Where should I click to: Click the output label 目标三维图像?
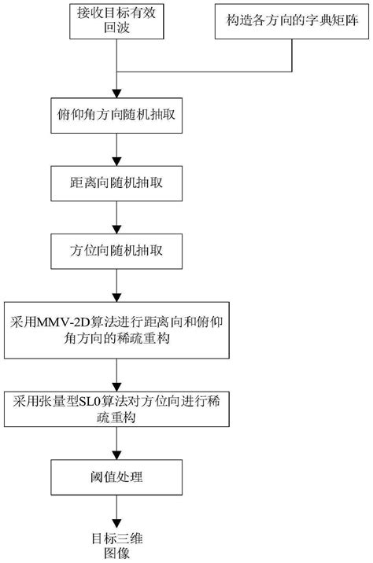117,544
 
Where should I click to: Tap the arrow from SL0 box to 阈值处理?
117,446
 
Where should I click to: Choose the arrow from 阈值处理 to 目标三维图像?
117,515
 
